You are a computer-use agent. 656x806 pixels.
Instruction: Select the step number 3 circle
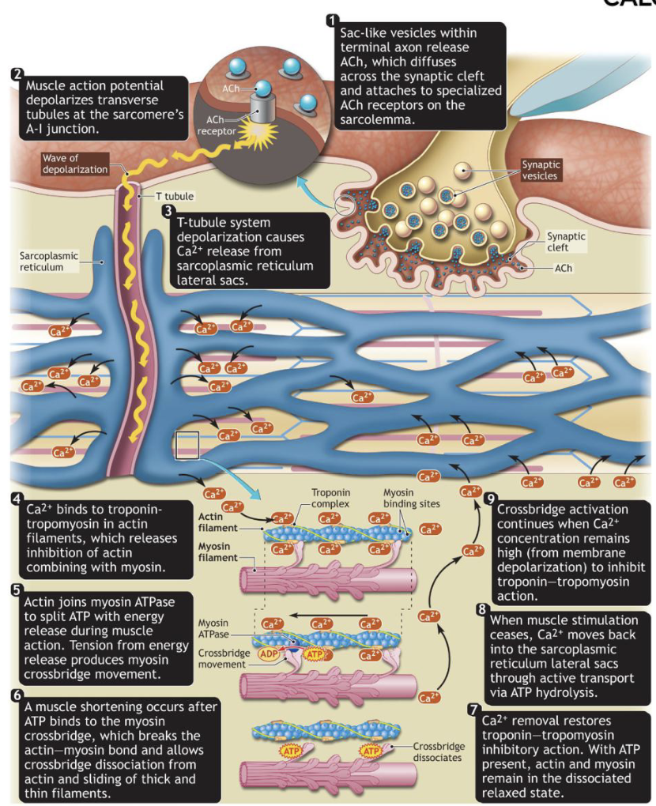click(x=168, y=211)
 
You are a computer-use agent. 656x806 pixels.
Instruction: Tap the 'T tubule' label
click(x=174, y=196)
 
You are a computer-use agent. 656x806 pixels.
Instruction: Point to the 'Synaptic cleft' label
click(x=566, y=241)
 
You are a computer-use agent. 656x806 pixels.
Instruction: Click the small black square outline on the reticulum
click(x=187, y=445)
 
